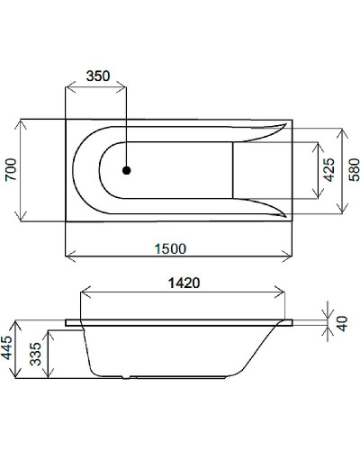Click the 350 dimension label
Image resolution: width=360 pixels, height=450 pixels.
[97, 76]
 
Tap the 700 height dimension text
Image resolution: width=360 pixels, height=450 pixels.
[11, 167]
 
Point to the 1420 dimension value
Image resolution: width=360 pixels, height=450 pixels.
[183, 281]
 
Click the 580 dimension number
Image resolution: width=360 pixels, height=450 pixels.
[352, 168]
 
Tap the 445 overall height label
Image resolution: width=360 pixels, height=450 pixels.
[9, 359]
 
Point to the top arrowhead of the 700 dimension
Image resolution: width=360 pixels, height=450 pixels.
[22, 121]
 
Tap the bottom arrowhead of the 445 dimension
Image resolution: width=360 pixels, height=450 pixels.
[22, 401]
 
